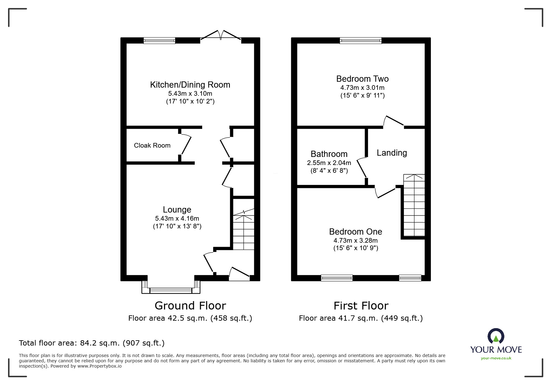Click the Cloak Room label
point(152,145)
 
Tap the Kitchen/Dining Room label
point(190,85)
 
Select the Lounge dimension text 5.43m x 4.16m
point(177,218)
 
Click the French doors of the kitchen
point(221,36)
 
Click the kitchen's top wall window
point(160,40)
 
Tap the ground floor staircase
point(244,230)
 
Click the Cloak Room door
point(186,145)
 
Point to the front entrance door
point(239,273)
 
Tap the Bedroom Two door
point(394,121)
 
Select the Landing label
point(392,153)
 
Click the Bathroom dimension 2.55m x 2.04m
point(329,163)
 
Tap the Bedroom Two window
point(360,40)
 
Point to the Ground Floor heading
point(190,306)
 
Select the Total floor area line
point(92,343)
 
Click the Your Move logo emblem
point(496,336)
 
